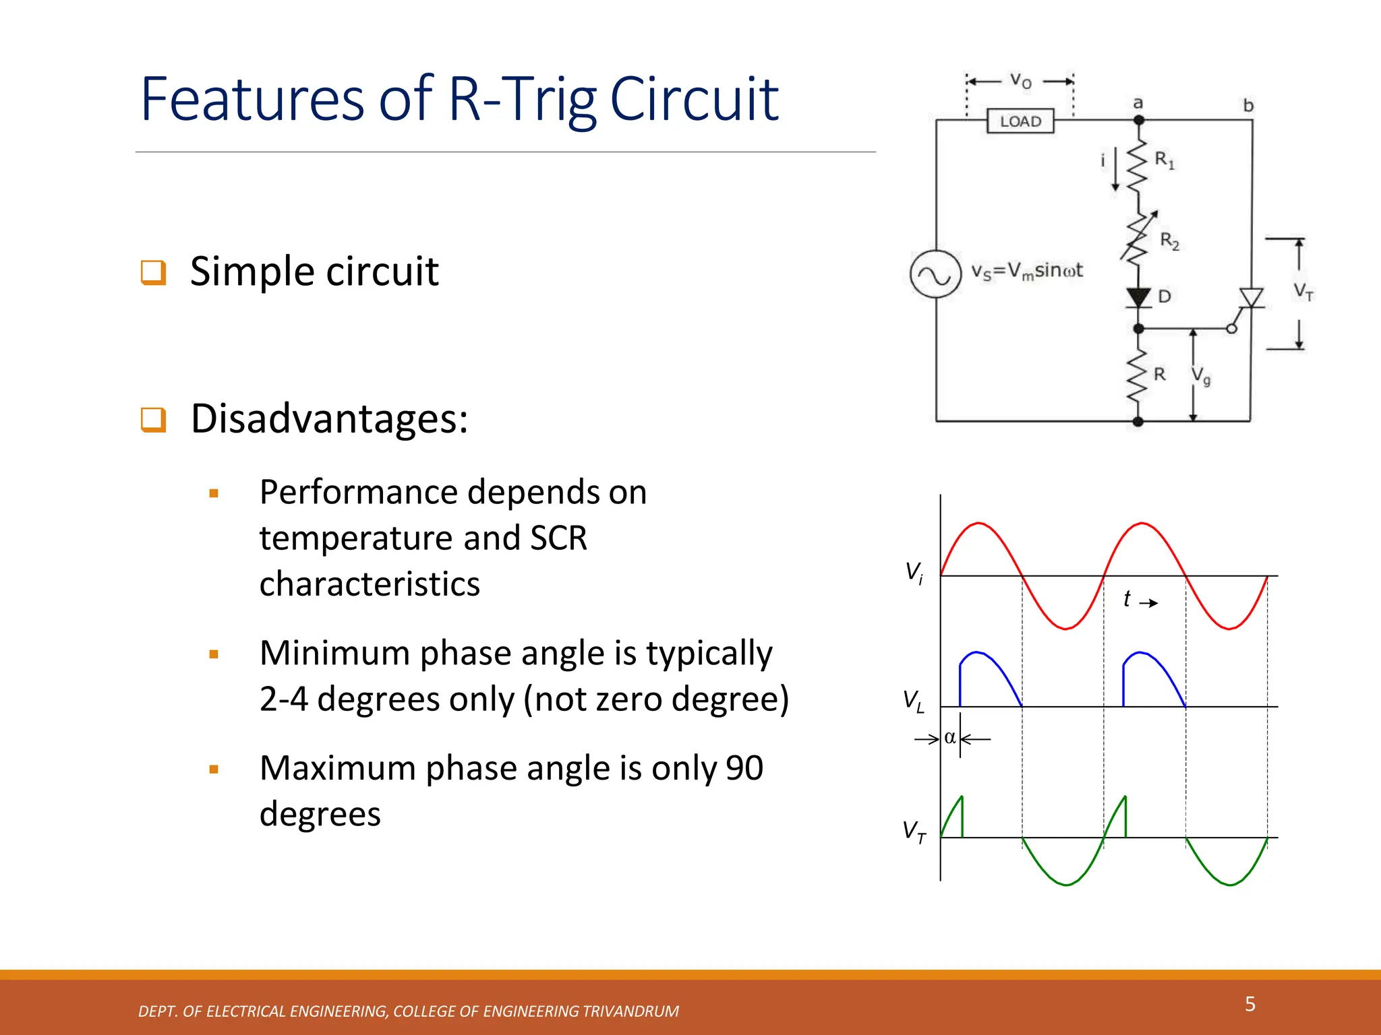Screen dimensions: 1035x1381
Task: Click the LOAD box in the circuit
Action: point(1020,121)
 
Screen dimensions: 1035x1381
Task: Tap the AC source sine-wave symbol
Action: point(935,274)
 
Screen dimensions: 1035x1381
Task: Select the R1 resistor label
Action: point(1165,160)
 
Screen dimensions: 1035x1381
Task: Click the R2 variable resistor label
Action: point(1169,241)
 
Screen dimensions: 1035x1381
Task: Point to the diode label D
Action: point(1165,296)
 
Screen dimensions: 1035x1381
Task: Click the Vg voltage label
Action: point(1201,376)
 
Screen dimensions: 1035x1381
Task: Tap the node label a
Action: point(1138,103)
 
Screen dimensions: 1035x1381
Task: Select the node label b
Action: point(1248,106)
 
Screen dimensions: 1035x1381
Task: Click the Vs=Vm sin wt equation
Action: point(1026,271)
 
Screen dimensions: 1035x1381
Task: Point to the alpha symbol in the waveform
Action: point(950,738)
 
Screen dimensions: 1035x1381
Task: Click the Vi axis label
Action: point(914,573)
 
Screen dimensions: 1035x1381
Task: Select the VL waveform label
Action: point(914,701)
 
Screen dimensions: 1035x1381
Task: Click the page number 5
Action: point(1250,1004)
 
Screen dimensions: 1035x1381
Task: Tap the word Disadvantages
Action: point(329,418)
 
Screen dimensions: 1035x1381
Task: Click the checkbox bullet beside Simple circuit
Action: point(153,272)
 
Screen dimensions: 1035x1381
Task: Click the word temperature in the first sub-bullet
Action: point(355,538)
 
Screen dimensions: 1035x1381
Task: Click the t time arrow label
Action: point(1139,599)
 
